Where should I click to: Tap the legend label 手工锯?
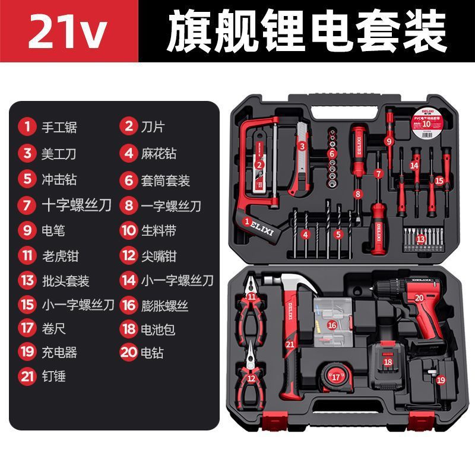[x=59, y=127]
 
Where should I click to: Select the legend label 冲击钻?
[x=59, y=179]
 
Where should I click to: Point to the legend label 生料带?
[x=158, y=230]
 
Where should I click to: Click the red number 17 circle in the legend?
[x=27, y=327]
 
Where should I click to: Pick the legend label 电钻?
[x=150, y=353]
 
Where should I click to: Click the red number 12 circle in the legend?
[x=128, y=256]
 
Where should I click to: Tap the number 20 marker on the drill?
[x=419, y=298]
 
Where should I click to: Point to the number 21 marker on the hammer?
[x=290, y=344]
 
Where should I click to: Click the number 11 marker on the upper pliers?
[x=252, y=296]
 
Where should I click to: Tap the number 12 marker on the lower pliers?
[x=252, y=378]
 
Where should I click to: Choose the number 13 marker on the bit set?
[x=421, y=239]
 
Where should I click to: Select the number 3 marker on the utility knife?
[x=302, y=145]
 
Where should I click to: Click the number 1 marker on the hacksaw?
[x=246, y=221]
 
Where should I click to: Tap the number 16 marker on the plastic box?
[x=332, y=325]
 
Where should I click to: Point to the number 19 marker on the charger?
[x=440, y=379]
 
